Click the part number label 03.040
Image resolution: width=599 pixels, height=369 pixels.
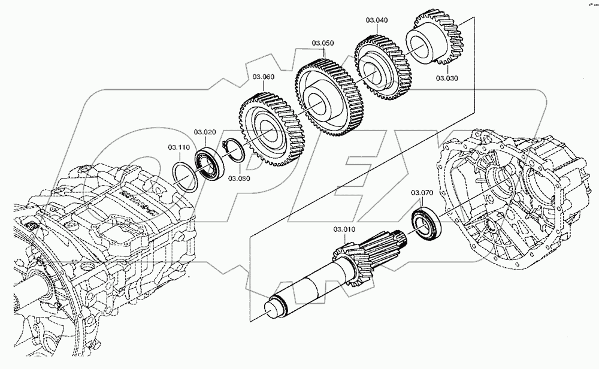tap(376, 20)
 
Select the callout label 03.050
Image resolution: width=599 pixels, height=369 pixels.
tap(322, 43)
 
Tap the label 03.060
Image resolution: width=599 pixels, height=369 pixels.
tap(263, 77)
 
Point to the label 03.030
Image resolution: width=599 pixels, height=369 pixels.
tap(447, 78)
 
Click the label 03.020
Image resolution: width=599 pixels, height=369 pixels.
tap(204, 132)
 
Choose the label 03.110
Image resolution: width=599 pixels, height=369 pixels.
tap(179, 147)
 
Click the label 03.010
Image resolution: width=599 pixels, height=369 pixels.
tap(344, 230)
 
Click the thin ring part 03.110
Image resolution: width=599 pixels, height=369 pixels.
tap(187, 176)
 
